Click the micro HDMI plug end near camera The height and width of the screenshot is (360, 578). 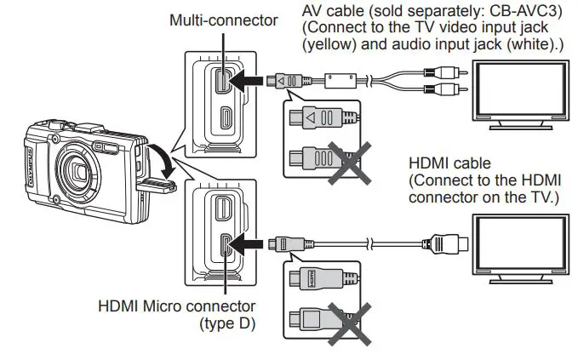point(275,243)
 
